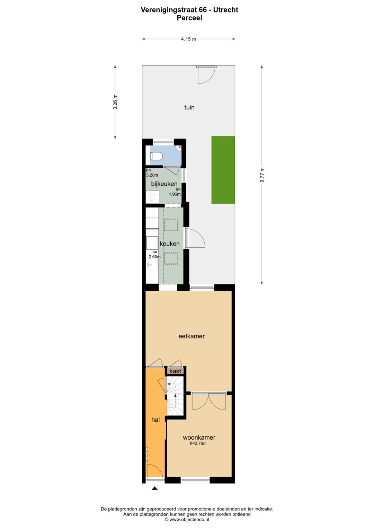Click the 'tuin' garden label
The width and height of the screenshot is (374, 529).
click(x=189, y=107)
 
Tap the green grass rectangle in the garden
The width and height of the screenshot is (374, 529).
click(x=223, y=170)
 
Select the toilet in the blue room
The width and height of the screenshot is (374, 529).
click(x=156, y=156)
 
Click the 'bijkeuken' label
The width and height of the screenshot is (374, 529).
click(x=164, y=184)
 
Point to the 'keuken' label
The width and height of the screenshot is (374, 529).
click(x=170, y=244)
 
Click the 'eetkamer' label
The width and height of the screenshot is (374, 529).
click(x=192, y=336)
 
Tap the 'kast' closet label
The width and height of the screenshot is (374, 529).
click(x=175, y=371)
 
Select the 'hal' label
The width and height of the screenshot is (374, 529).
click(x=155, y=420)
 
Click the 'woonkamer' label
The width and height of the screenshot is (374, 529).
click(x=199, y=438)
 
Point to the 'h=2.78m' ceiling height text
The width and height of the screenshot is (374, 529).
click(x=198, y=443)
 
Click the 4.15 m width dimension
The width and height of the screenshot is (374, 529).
click(x=188, y=39)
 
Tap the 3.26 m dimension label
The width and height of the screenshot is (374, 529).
click(x=115, y=102)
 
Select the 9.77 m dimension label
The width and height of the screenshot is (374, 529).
click(x=262, y=175)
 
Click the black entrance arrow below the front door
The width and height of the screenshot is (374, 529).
click(x=155, y=488)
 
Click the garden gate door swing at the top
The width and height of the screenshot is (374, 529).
click(x=206, y=74)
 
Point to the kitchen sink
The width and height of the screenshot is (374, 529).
click(x=152, y=265)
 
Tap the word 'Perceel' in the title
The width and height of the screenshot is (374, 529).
click(x=189, y=18)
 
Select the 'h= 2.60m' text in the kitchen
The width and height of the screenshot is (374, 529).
click(x=154, y=255)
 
